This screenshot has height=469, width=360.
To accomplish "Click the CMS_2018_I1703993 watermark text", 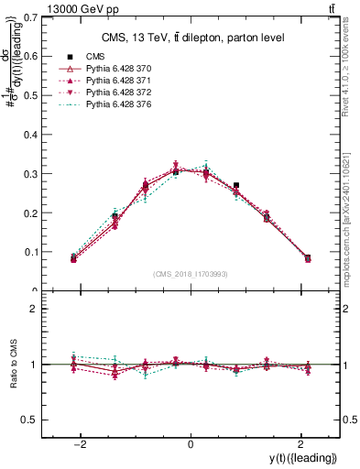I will point(191,274).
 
